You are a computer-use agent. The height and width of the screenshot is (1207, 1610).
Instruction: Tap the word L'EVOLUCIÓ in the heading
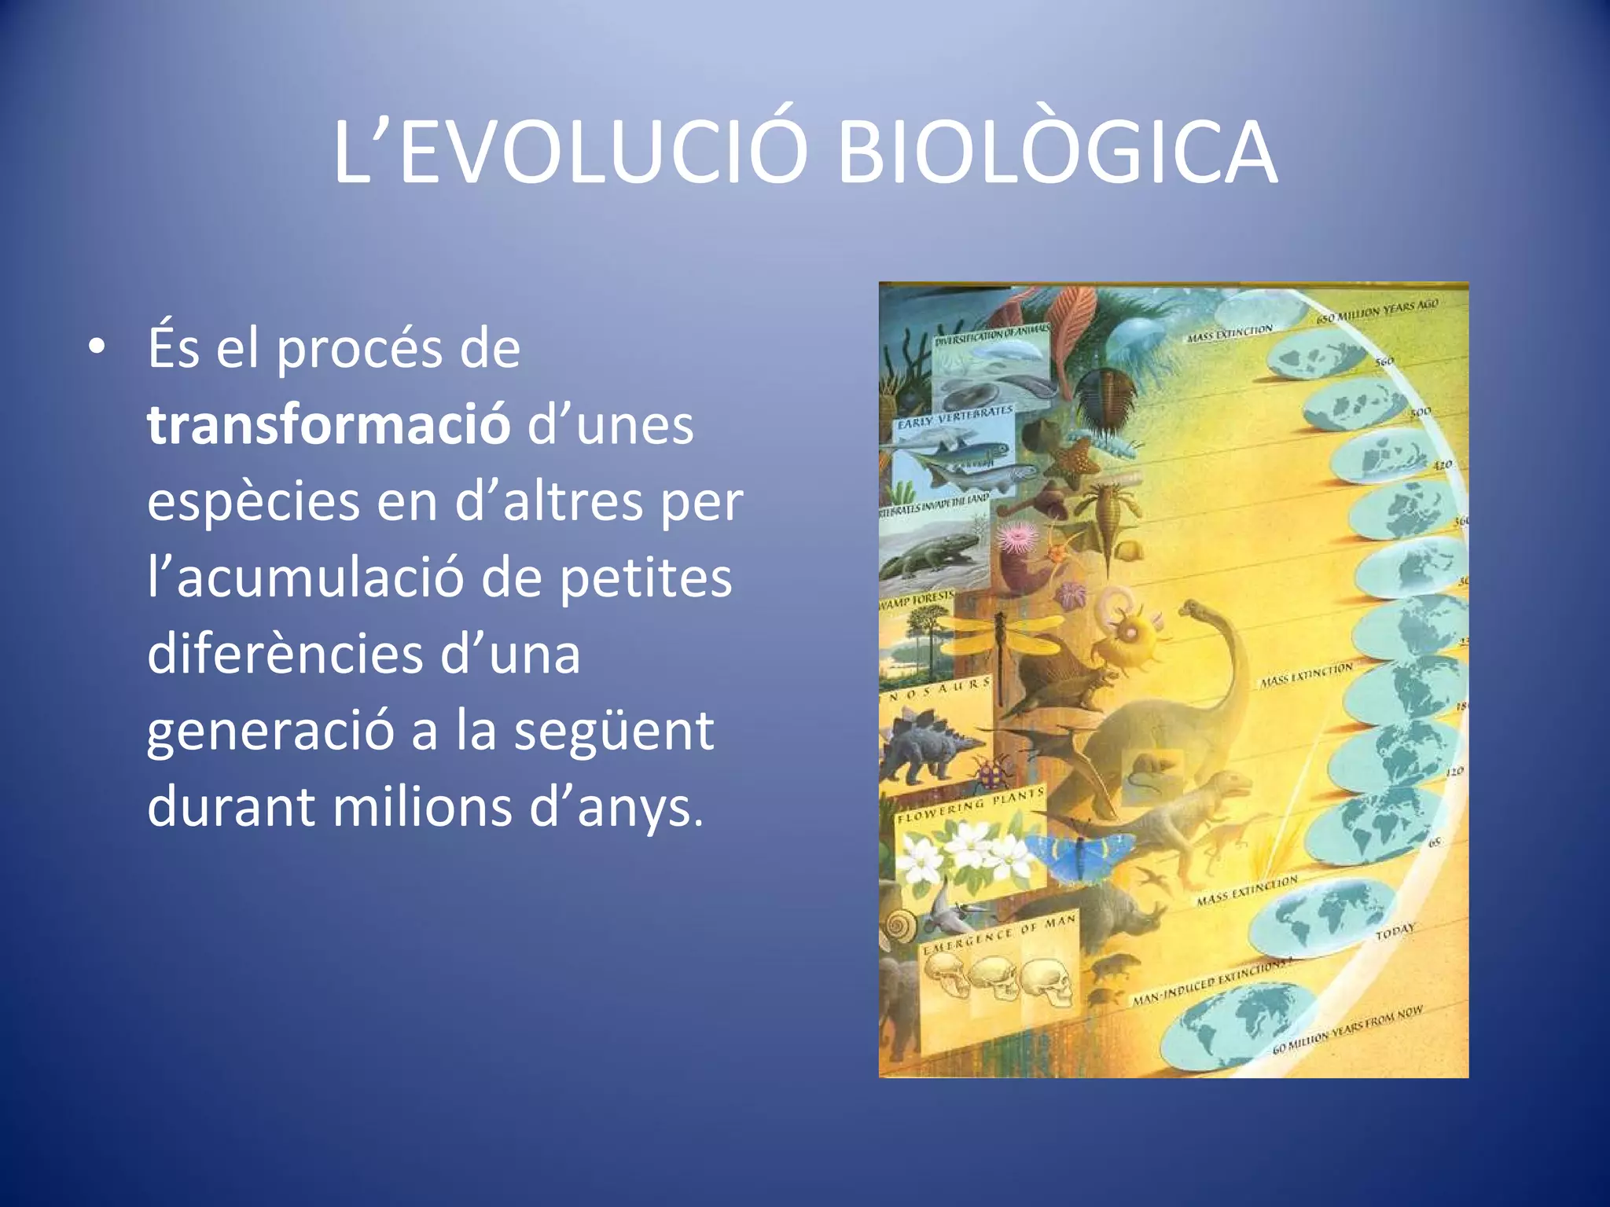[x=570, y=153]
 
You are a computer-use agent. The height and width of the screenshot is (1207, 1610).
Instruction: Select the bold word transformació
[x=329, y=425]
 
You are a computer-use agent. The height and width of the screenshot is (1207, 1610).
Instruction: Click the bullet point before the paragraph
[x=96, y=348]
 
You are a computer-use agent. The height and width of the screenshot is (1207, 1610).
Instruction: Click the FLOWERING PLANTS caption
[x=970, y=806]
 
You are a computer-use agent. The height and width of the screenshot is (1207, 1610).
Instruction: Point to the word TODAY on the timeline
[x=1395, y=932]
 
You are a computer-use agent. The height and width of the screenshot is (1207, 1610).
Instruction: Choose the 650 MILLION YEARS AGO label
[x=1377, y=311]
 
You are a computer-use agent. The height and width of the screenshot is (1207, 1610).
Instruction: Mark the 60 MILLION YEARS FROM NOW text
[x=1347, y=1030]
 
